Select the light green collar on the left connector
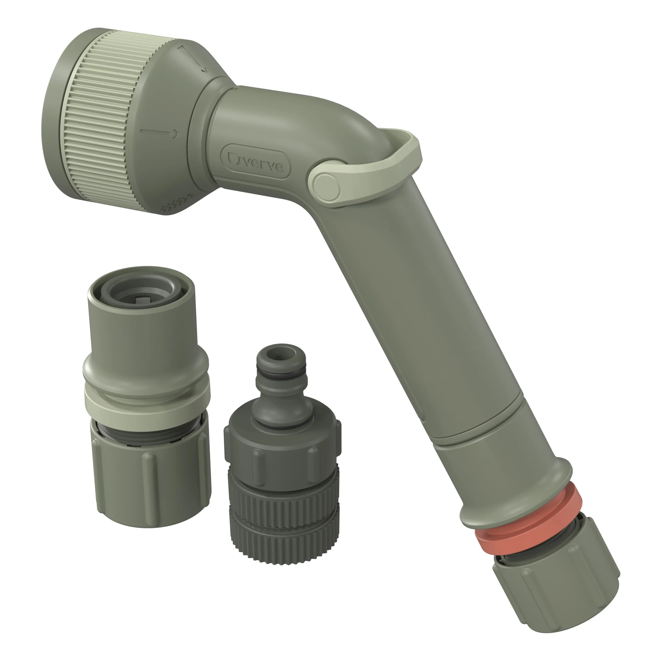[x=146, y=400]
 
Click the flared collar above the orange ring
[x=516, y=478]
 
